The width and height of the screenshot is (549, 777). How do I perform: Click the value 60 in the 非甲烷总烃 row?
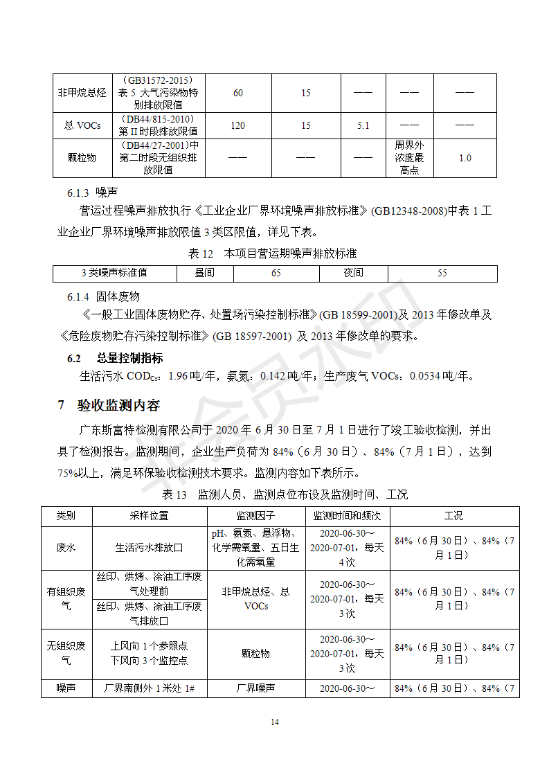tap(238, 93)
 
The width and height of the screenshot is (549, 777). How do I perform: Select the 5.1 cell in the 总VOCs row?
tap(363, 125)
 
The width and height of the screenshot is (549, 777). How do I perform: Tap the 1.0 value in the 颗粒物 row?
tap(465, 158)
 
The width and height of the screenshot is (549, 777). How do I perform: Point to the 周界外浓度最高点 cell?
tap(409, 158)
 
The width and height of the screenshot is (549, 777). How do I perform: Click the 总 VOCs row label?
tap(82, 125)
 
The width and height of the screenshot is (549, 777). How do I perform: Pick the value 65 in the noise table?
tap(276, 273)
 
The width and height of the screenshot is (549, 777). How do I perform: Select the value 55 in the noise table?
tap(442, 273)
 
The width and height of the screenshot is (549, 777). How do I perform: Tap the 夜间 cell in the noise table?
tap(353, 273)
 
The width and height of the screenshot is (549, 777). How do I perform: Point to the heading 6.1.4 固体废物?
tap(103, 296)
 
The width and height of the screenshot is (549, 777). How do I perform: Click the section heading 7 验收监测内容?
tap(109, 405)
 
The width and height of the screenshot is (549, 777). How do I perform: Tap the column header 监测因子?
tap(256, 516)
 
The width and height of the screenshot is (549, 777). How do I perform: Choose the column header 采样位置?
tap(149, 516)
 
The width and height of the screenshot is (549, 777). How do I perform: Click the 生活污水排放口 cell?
tap(149, 547)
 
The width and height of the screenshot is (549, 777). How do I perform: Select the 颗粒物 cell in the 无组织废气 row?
tap(256, 653)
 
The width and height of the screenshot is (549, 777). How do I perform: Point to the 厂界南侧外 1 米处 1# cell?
tap(149, 688)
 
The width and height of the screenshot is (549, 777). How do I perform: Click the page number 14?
tap(275, 722)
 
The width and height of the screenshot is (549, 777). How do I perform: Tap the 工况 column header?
tap(454, 516)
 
